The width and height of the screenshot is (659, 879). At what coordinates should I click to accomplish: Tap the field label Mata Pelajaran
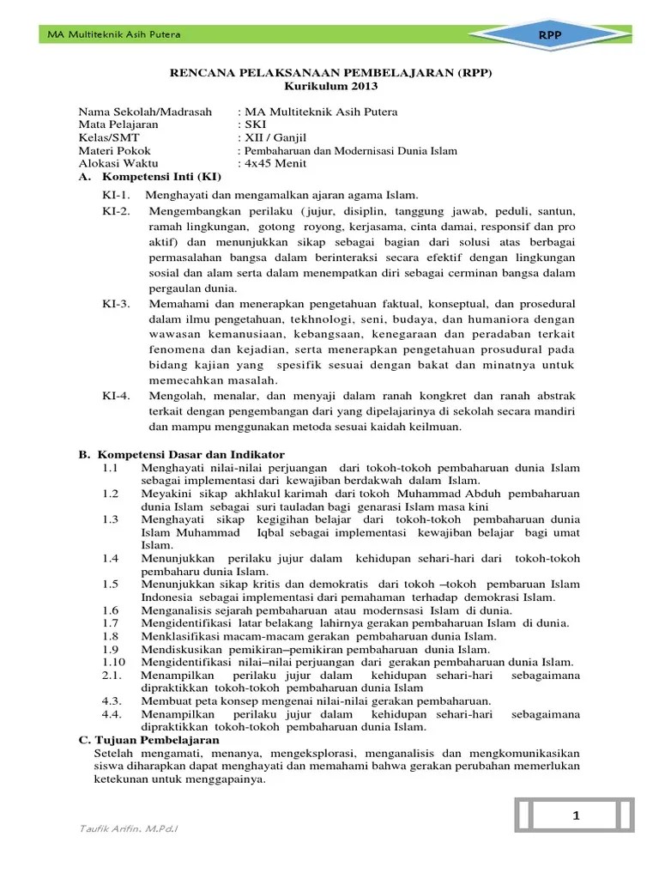coord(119,124)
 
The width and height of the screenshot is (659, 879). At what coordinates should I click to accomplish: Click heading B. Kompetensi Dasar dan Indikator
coord(182,453)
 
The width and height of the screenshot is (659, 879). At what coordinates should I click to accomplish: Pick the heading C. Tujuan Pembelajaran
coord(148,739)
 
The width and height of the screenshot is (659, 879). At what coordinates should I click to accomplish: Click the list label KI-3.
coord(116,304)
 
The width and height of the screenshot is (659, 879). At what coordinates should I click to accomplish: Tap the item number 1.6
coord(109,609)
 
